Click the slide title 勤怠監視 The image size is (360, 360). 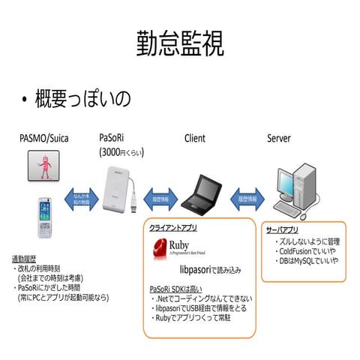point(180,44)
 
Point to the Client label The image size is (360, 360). point(194,139)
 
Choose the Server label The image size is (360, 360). point(278,139)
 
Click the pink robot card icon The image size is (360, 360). point(44,166)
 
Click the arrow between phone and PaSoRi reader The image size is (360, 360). point(79,199)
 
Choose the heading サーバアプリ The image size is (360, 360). point(282,229)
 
